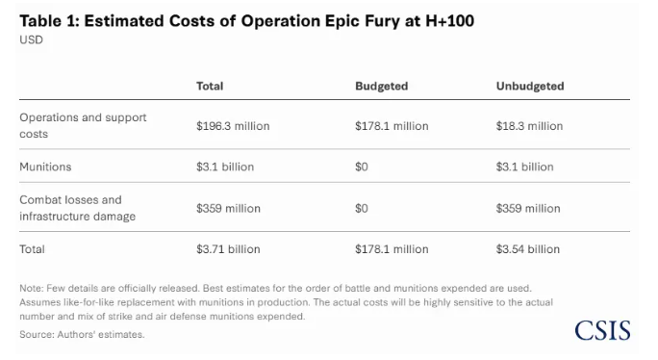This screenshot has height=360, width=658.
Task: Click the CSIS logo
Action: pos(602,330)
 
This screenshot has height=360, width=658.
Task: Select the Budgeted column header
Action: pos(382,86)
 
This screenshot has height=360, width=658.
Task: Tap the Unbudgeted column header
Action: pos(530,86)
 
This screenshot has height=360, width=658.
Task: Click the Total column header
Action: pos(210,86)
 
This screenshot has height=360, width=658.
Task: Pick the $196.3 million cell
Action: pos(233,126)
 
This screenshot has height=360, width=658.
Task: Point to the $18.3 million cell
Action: pos(529,126)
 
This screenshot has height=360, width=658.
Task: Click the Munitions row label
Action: pos(45,167)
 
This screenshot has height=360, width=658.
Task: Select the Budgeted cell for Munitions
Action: pos(362,167)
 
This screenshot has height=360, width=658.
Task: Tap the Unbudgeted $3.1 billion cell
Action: pos(524,167)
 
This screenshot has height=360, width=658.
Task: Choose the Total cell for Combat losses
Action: pos(228,208)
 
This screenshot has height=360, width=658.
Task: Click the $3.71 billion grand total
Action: pos(228,249)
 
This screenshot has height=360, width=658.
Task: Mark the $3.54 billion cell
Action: pos(528,249)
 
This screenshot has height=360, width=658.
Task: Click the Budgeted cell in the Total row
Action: pos(392,249)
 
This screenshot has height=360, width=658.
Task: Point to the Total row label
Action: pos(32,249)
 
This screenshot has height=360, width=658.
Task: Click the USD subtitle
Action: pos(31,39)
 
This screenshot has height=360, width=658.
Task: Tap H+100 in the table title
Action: pos(450,21)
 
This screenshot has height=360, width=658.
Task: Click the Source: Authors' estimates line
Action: pos(82,334)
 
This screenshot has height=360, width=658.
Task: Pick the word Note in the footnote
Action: pos(30,288)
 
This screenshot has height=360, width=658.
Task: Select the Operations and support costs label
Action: pos(83,125)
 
